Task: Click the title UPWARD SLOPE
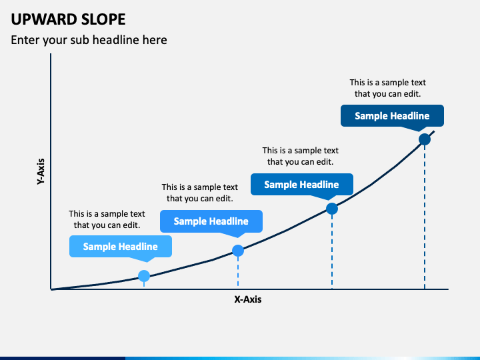point(68,19)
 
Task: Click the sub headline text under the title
point(89,40)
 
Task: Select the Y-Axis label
point(41,171)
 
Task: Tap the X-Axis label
point(248,299)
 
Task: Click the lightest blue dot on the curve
point(144,276)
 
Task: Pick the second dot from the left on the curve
point(238,251)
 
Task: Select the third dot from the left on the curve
point(332,209)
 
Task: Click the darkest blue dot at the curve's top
point(425,139)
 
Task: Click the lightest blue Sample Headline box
point(121,247)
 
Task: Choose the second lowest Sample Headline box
point(211,221)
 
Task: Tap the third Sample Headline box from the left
point(302,184)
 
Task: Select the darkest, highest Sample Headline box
point(392,116)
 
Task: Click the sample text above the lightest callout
point(107,219)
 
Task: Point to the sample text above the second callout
point(200,193)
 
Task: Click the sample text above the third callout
point(300,156)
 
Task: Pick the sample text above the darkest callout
point(388,88)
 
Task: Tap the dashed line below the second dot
point(238,272)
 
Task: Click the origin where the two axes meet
point(51,289)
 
